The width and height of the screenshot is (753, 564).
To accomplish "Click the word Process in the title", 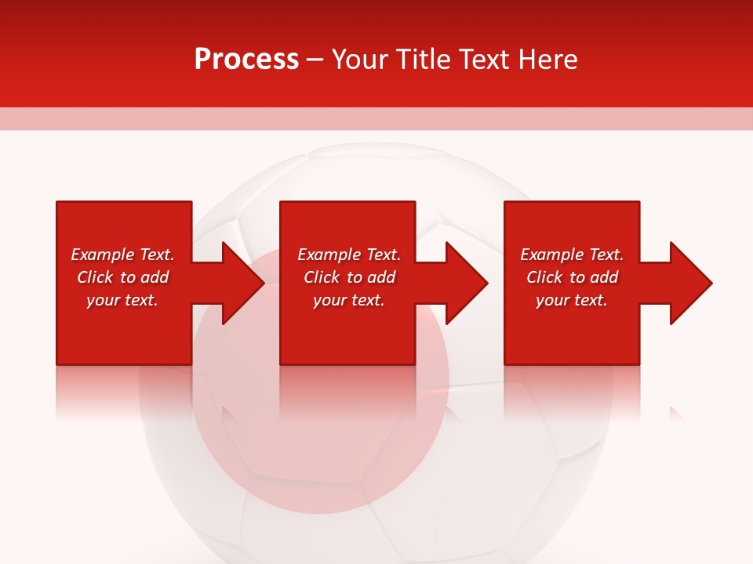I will pos(246,60).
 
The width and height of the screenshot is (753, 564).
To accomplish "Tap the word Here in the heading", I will pos(548,60).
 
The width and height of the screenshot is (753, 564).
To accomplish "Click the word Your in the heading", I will pos(362,60).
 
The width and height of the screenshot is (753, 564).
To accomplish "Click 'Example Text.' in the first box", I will pos(122,255).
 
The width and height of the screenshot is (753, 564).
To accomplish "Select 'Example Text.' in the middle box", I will pos(349,255).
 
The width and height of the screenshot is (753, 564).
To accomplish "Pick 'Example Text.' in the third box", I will pos(572,255).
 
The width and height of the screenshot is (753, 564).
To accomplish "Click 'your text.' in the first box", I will pos(122,300).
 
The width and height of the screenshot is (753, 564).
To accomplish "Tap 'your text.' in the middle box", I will pos(349,300).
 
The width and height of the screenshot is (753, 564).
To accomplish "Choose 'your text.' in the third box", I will pos(572,300).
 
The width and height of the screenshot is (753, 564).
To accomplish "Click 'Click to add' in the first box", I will pos(122,277).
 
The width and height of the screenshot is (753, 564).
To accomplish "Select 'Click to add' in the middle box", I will pos(349,277).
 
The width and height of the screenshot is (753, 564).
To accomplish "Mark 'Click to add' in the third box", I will pos(572,277).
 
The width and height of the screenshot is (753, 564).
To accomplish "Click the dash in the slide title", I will pos(315,60).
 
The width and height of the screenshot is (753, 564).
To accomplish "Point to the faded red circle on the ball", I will pos(322,439).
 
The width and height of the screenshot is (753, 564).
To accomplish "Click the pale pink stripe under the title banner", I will pos(376,118).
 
